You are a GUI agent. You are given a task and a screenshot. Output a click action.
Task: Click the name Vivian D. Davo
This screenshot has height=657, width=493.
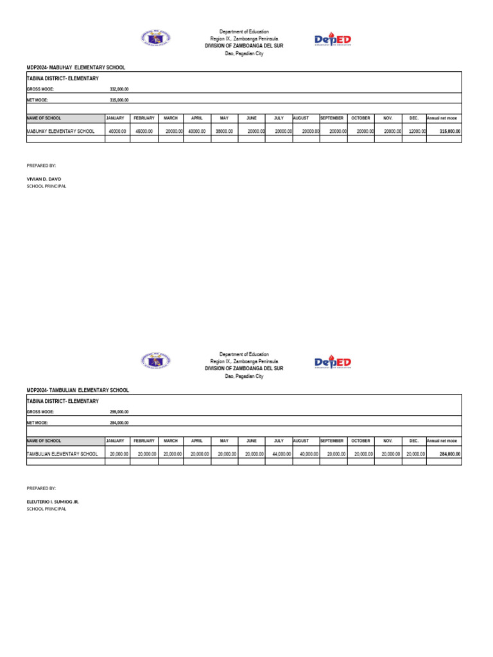pyautogui.click(x=44, y=179)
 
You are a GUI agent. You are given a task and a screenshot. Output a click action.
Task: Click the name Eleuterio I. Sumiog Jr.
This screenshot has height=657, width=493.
pyautogui.click(x=53, y=501)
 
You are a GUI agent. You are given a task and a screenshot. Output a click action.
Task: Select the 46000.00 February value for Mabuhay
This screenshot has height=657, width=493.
pyautogui.click(x=143, y=131)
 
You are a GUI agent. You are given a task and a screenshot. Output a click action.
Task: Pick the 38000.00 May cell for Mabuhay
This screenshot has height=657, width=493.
pyautogui.click(x=223, y=131)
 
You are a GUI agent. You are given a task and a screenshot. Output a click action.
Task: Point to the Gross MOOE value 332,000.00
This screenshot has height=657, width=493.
pyautogui.click(x=119, y=89)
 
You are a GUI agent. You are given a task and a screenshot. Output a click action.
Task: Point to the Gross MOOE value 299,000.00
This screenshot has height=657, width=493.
pyautogui.click(x=119, y=412)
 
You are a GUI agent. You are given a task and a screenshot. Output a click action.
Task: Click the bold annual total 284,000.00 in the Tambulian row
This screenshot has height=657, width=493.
pyautogui.click(x=449, y=454)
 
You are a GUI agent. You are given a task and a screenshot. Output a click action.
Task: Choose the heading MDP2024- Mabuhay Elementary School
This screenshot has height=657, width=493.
pyautogui.click(x=76, y=67)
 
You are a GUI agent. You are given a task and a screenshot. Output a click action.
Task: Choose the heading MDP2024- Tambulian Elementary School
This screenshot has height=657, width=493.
pyautogui.click(x=78, y=390)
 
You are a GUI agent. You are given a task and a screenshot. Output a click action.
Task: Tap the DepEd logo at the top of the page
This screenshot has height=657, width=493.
pyautogui.click(x=333, y=40)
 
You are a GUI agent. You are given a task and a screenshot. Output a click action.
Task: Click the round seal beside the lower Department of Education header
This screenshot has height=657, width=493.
pyautogui.click(x=155, y=362)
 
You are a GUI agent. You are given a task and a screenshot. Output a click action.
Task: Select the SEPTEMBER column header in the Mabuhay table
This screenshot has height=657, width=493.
pyautogui.click(x=333, y=119)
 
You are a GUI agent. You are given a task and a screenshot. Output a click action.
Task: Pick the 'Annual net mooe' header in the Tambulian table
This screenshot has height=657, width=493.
pyautogui.click(x=442, y=441)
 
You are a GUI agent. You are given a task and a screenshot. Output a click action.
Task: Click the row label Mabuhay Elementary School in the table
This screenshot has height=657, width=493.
pyautogui.click(x=61, y=131)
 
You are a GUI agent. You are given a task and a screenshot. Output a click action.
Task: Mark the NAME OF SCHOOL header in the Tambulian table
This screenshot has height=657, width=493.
pyautogui.click(x=44, y=441)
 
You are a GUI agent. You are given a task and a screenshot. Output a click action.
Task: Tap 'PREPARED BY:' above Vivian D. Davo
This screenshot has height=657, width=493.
pyautogui.click(x=41, y=166)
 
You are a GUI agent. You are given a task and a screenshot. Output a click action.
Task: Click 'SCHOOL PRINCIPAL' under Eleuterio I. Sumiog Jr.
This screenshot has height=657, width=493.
pyautogui.click(x=46, y=509)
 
